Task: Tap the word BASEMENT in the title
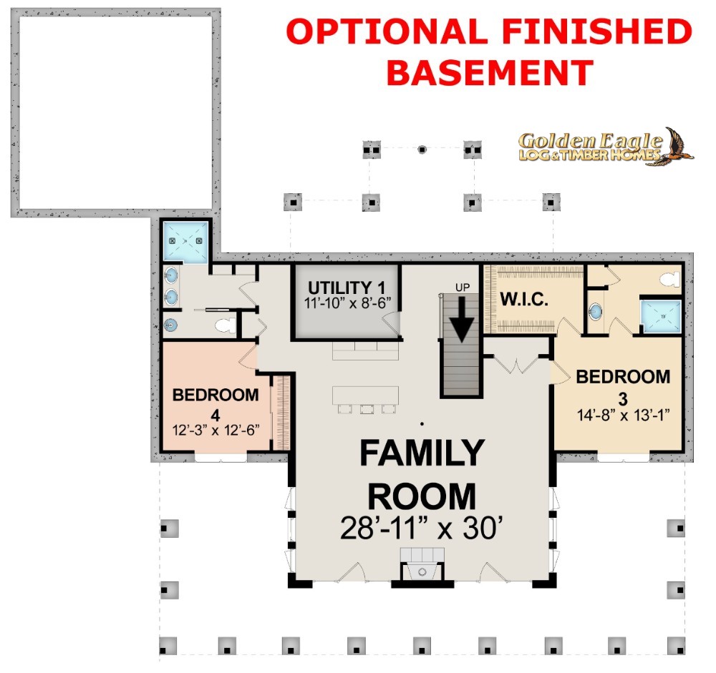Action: (x=490, y=73)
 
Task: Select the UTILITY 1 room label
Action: (x=347, y=288)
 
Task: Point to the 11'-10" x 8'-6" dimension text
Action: (x=347, y=303)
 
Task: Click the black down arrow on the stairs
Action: (x=462, y=319)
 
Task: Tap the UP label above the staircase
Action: (x=463, y=288)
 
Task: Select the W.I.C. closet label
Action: (x=524, y=300)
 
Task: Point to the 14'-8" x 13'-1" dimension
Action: (x=624, y=416)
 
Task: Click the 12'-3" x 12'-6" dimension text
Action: (x=216, y=431)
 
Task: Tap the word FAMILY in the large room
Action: (x=422, y=453)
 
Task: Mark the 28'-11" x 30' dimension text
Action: (x=422, y=528)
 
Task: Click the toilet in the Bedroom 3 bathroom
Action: (x=670, y=279)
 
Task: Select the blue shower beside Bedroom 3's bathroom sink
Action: (x=661, y=316)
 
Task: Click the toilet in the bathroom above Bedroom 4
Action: (x=225, y=326)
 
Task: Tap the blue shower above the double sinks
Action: (x=185, y=242)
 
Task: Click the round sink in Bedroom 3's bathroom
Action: (x=595, y=312)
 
